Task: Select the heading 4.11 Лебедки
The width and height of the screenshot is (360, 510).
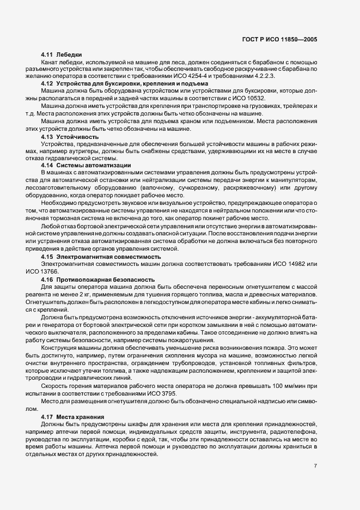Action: click(61, 55)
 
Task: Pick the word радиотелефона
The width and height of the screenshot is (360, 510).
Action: click(295, 430)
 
